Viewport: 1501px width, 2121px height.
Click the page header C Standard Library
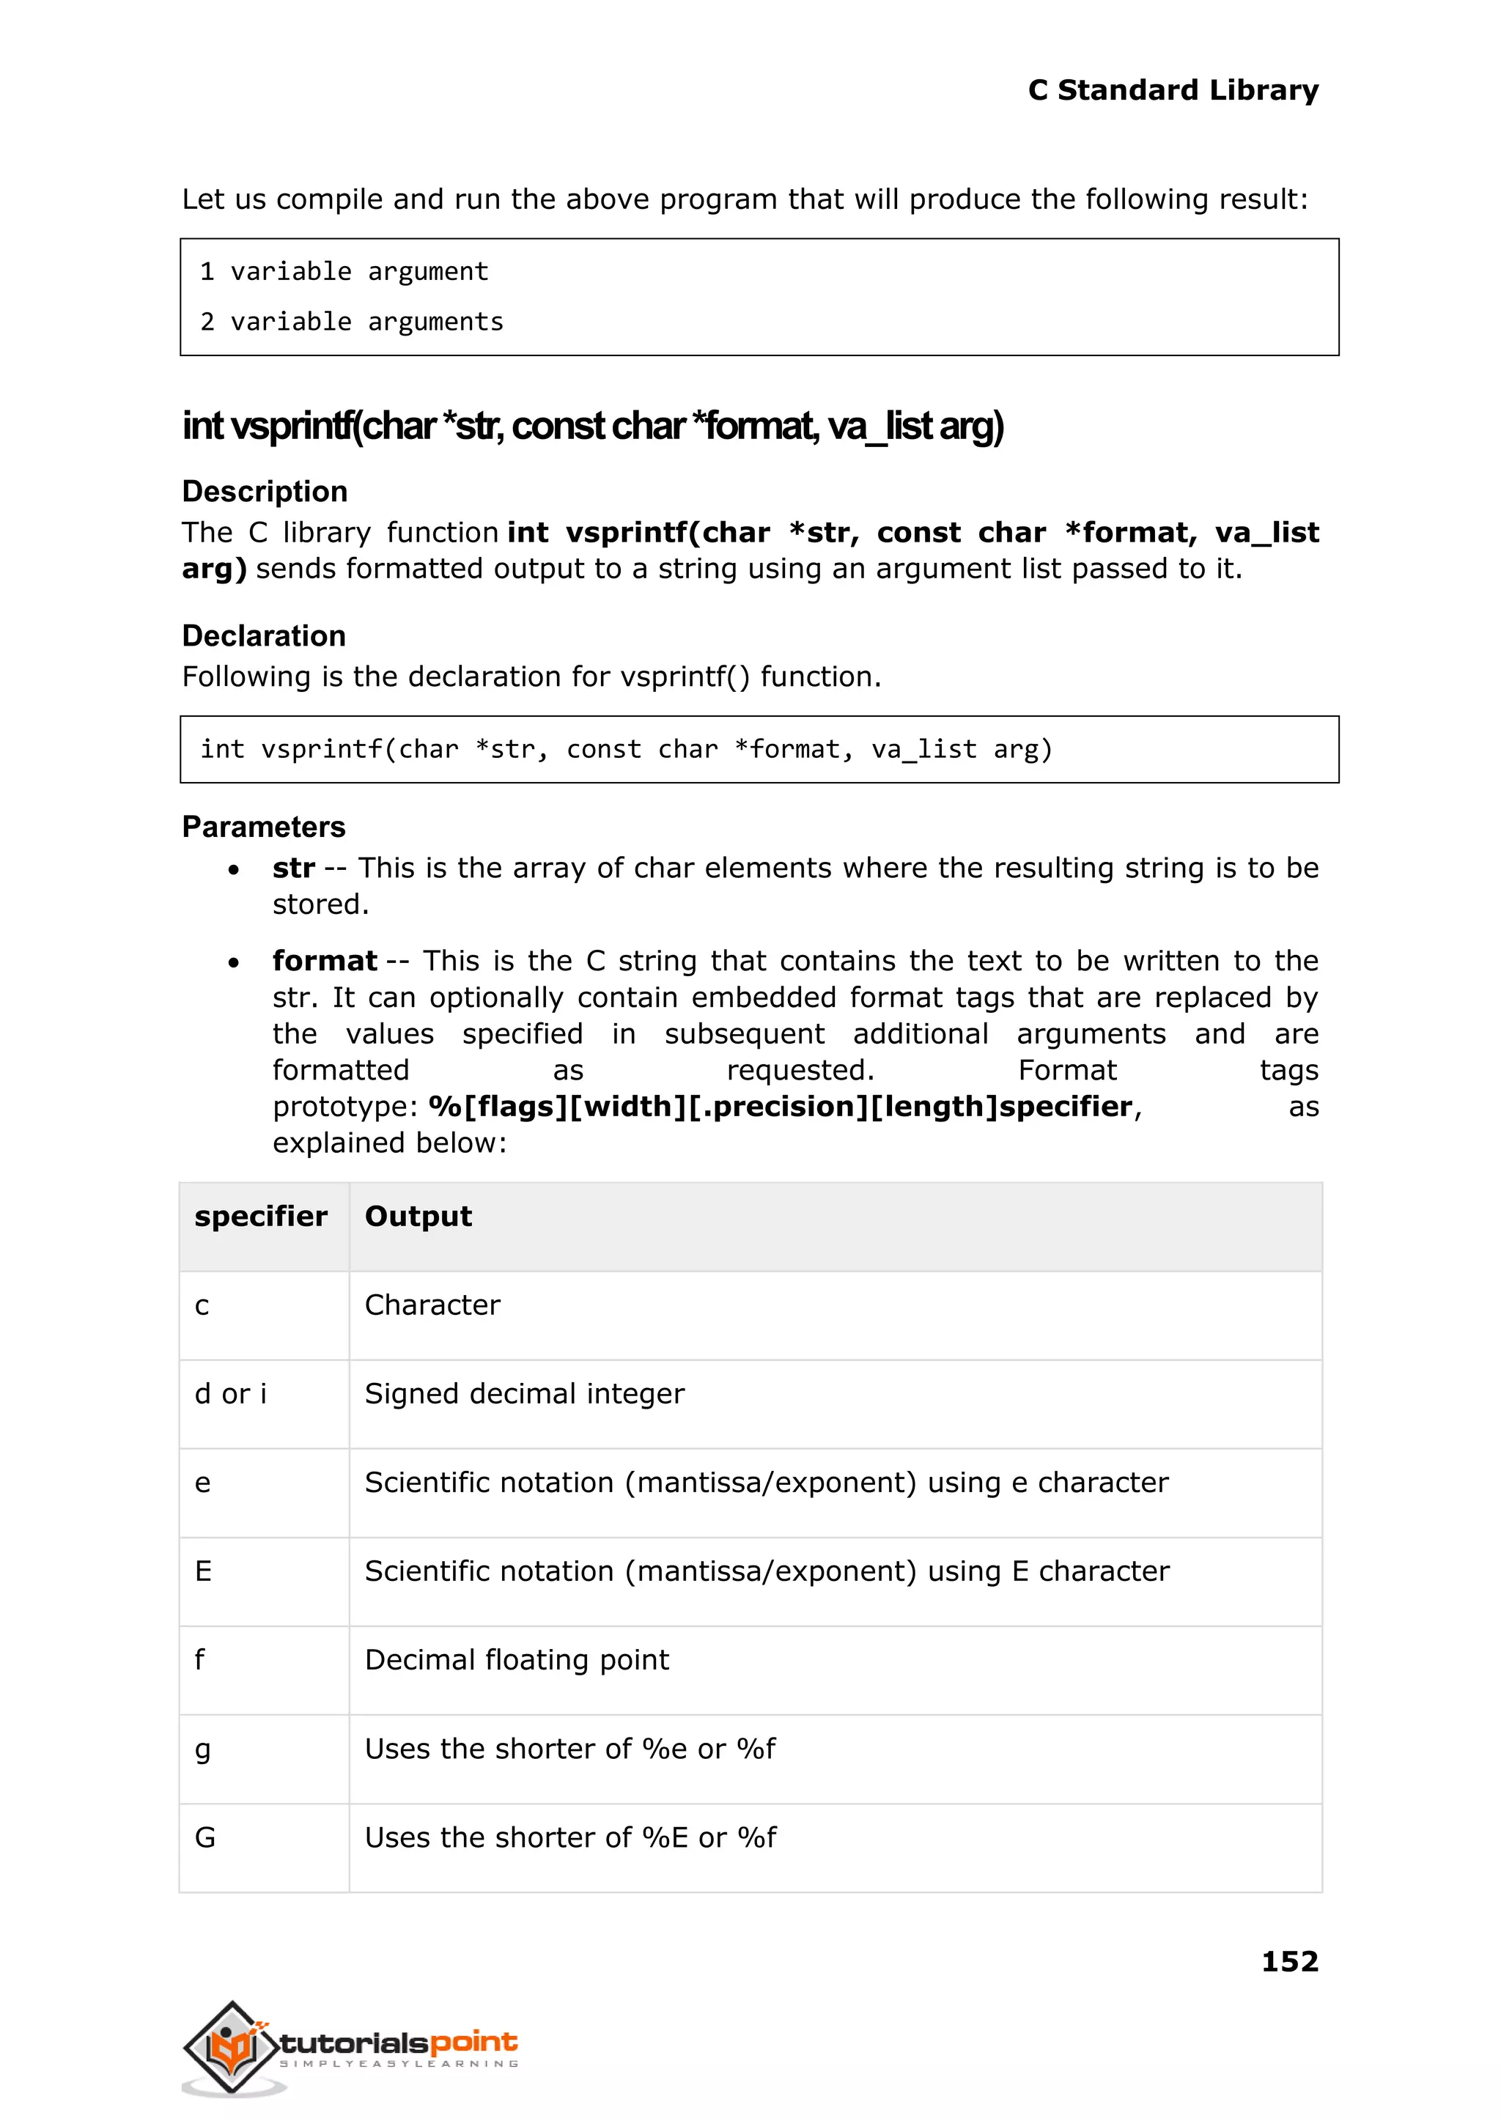coord(1172,89)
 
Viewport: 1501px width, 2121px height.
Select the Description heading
coord(265,491)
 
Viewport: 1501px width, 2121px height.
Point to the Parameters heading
coord(263,826)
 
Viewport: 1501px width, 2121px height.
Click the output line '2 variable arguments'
coord(351,322)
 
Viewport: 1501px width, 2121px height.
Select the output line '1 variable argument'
coord(344,272)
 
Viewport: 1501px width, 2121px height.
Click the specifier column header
coord(261,1215)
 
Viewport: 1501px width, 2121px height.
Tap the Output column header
coord(418,1215)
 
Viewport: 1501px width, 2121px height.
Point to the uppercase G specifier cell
coord(205,1837)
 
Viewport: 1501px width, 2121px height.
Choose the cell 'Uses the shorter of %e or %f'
coord(569,1748)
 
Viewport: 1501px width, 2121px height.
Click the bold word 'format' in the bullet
coord(325,960)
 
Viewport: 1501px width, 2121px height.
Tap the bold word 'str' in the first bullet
coord(293,868)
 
